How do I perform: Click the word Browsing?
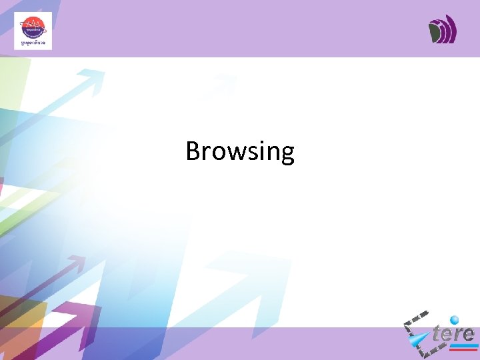click(x=240, y=151)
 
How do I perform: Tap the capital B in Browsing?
click(x=193, y=151)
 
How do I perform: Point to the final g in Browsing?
click(x=287, y=155)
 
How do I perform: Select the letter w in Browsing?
click(x=229, y=153)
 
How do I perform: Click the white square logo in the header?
click(x=33, y=31)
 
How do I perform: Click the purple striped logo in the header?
click(x=442, y=29)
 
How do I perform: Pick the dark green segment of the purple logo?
click(x=435, y=31)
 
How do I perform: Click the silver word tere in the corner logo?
click(x=453, y=333)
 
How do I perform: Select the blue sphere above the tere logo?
click(x=455, y=319)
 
